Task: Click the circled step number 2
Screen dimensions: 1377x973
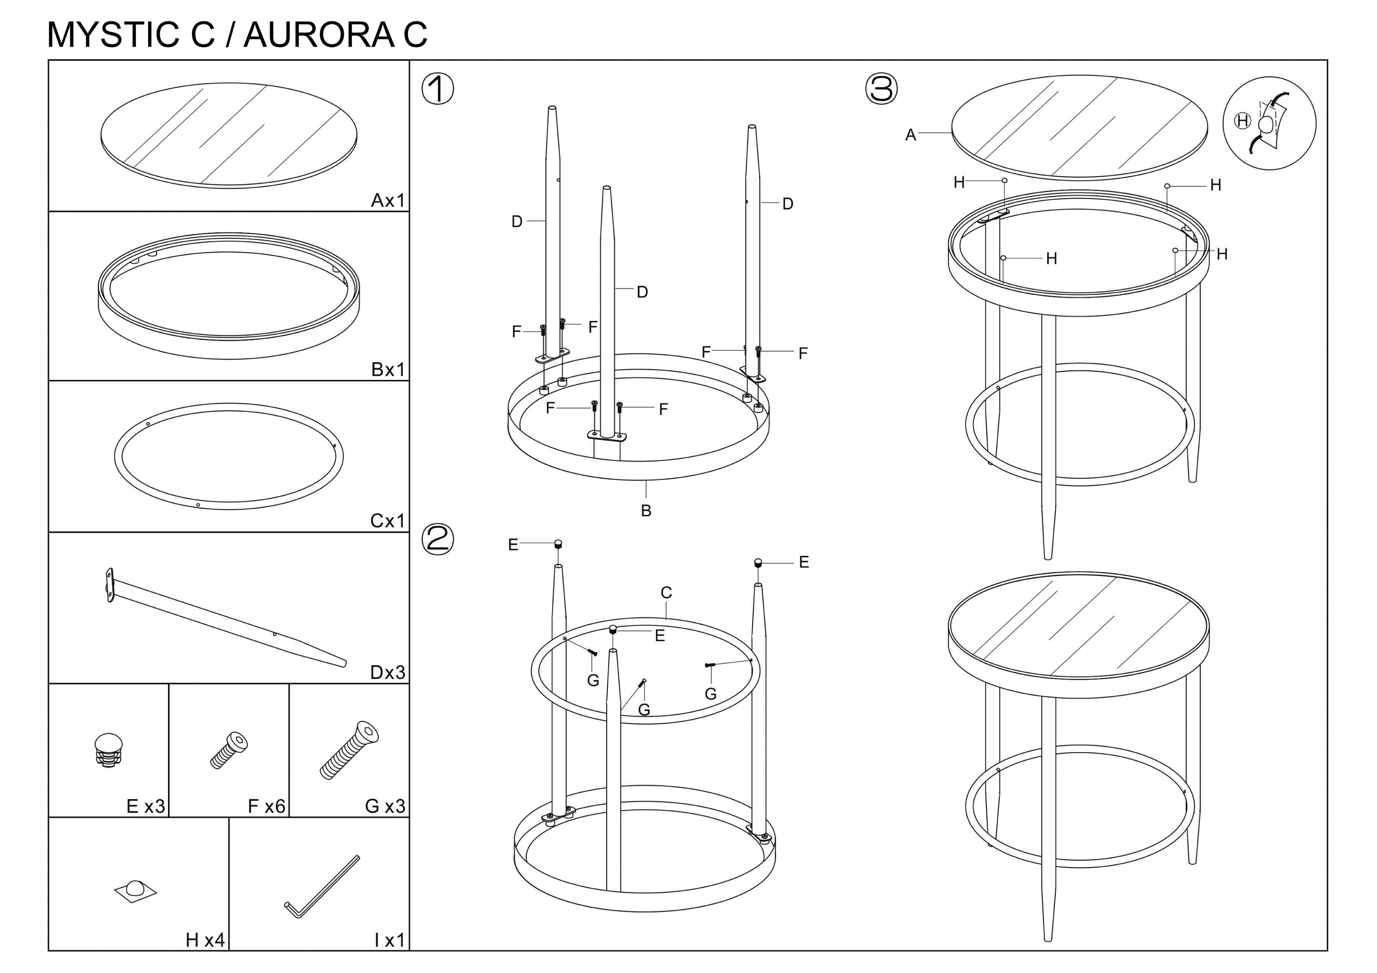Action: click(438, 539)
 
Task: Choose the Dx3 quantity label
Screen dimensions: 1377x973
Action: click(387, 672)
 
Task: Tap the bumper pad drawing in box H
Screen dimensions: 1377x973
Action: click(135, 891)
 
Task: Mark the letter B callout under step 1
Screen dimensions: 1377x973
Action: click(646, 511)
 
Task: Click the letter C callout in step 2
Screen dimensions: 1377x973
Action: click(666, 592)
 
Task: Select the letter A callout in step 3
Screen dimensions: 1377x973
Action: click(910, 135)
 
